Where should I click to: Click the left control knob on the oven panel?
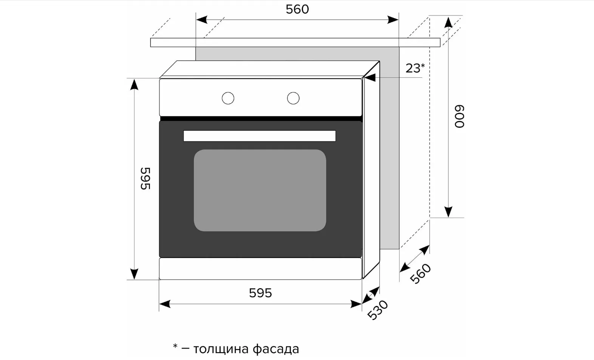228,98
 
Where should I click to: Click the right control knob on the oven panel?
293,98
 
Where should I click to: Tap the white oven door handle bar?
260,136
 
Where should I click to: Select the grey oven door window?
260,190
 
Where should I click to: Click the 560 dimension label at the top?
297,9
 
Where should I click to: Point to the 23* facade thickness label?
415,68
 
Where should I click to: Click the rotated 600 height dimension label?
459,116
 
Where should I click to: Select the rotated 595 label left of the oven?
145,178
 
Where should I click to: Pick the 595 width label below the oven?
260,293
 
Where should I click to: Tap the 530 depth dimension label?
377,310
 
